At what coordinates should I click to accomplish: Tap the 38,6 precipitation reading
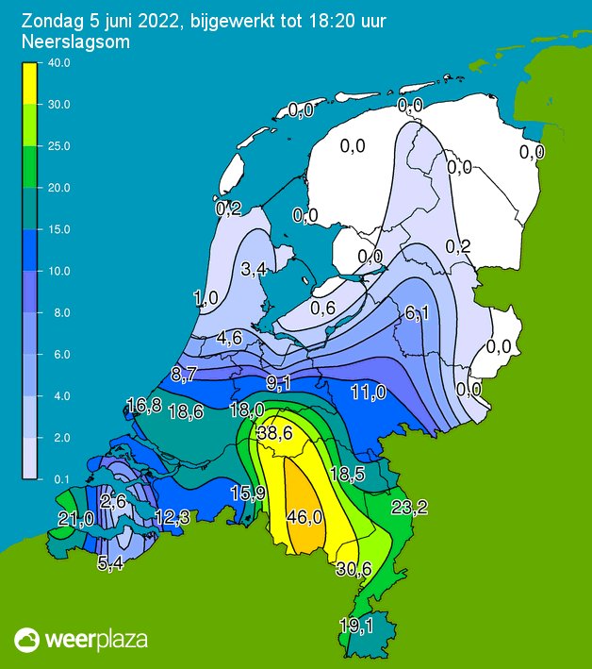pyautogui.click(x=274, y=433)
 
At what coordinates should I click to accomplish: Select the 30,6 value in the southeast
pyautogui.click(x=354, y=568)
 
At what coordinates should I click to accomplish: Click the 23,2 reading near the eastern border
pyautogui.click(x=409, y=509)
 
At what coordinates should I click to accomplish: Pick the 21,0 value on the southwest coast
pyautogui.click(x=75, y=518)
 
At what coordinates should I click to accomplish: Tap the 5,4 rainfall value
pyautogui.click(x=110, y=564)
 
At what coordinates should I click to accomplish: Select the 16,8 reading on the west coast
pyautogui.click(x=143, y=406)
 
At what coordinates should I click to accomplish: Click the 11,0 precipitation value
pyautogui.click(x=368, y=392)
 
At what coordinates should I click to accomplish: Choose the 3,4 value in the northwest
pyautogui.click(x=254, y=270)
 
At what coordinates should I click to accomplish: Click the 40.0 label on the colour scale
pyautogui.click(x=58, y=63)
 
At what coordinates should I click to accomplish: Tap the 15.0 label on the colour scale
pyautogui.click(x=58, y=229)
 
